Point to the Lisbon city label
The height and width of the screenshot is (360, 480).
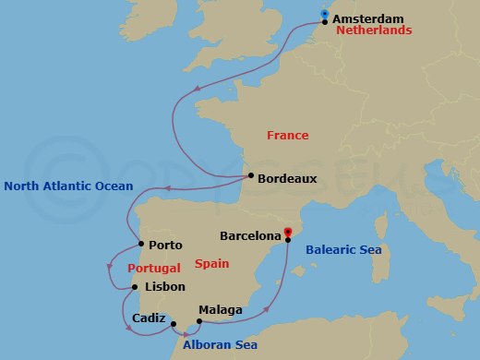coord(165,287)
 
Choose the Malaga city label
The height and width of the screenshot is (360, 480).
coord(221,311)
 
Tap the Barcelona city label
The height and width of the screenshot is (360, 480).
coord(249,236)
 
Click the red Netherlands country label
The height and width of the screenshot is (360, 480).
coord(374,30)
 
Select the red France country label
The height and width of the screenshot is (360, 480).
coord(287,135)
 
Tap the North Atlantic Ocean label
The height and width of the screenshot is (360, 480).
coord(68,186)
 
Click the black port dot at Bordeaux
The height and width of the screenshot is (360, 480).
coord(250,176)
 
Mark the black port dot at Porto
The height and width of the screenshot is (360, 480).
coord(140,245)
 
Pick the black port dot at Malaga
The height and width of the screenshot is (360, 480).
coord(199,321)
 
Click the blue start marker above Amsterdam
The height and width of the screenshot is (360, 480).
coord(324,13)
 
